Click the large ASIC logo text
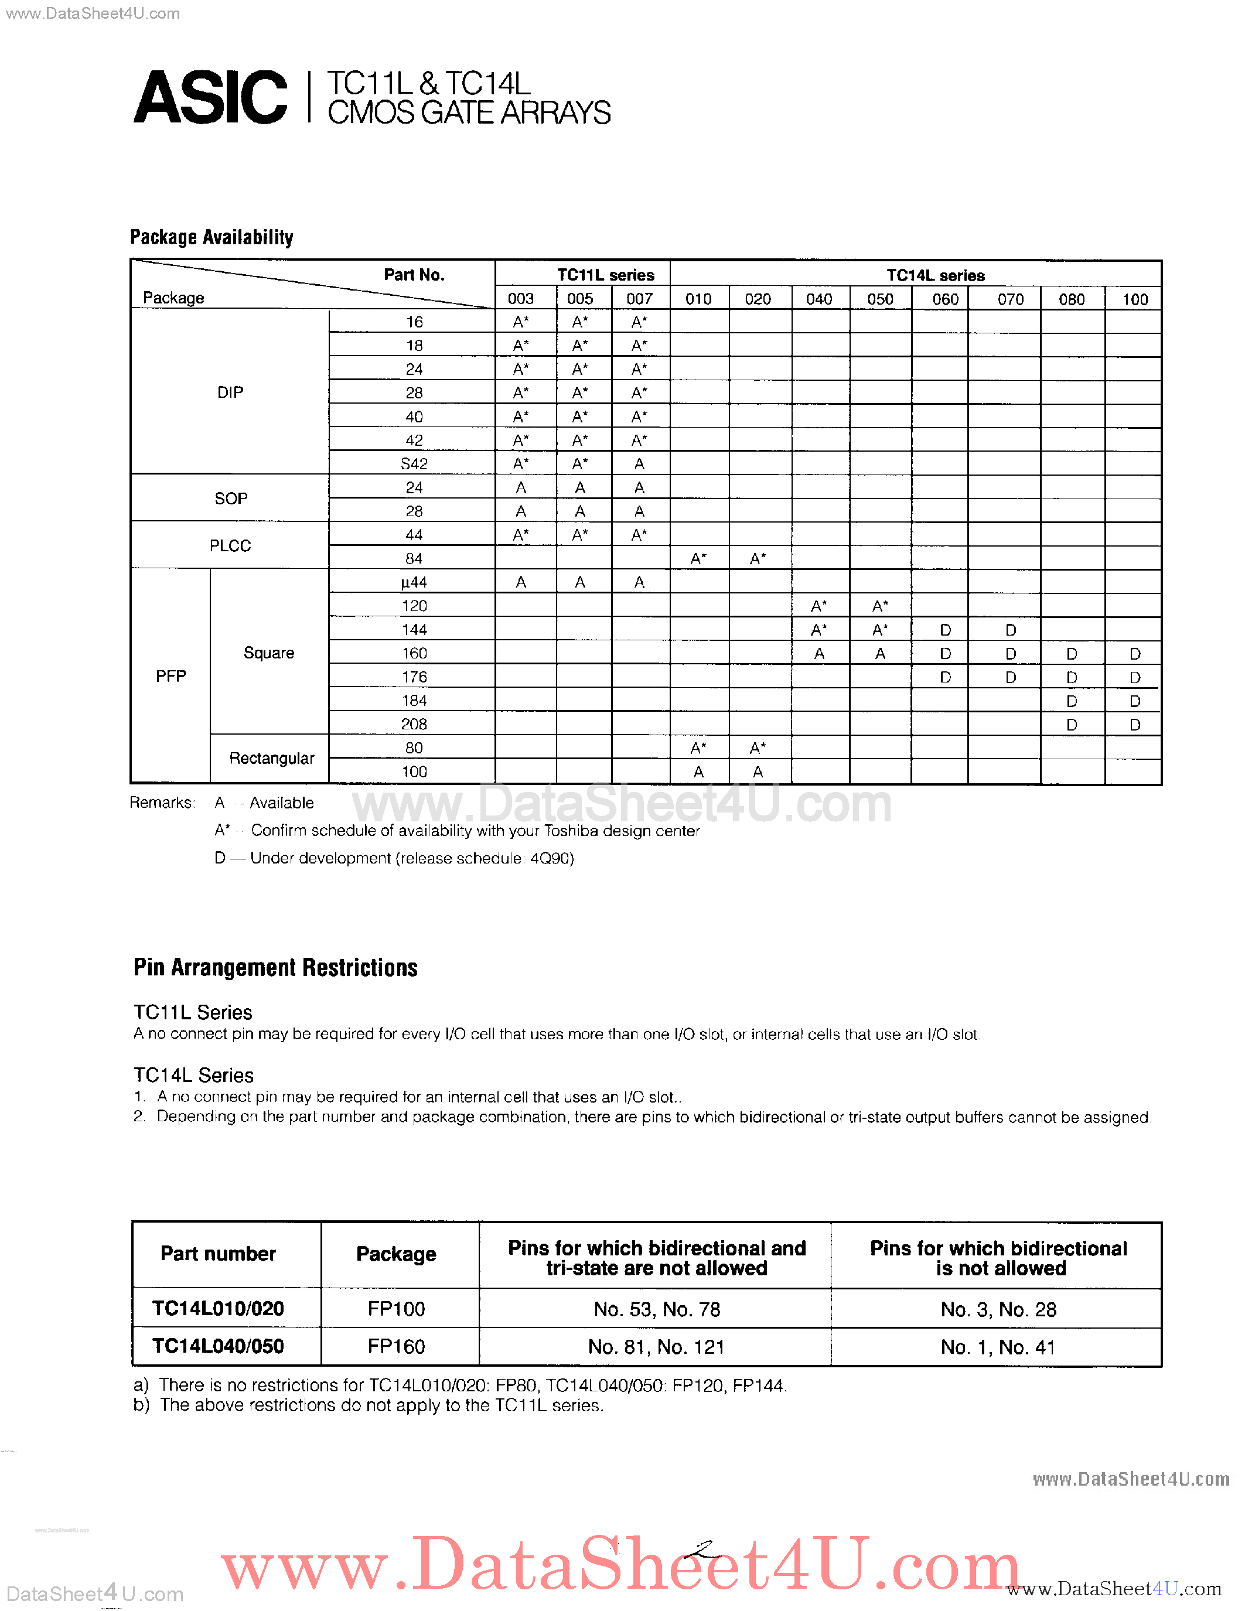click(210, 97)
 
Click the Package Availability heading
click(212, 237)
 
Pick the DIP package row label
click(230, 392)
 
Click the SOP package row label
click(231, 499)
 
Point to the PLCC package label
click(230, 546)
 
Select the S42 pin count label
click(414, 464)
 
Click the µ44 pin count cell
click(414, 582)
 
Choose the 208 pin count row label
click(414, 724)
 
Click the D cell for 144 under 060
click(945, 630)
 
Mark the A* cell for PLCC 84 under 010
click(698, 559)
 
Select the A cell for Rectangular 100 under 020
click(758, 772)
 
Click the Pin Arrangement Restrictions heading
click(275, 968)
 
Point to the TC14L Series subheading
click(193, 1076)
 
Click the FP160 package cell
click(396, 1347)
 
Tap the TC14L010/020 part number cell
click(219, 1309)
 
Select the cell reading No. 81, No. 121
click(656, 1347)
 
